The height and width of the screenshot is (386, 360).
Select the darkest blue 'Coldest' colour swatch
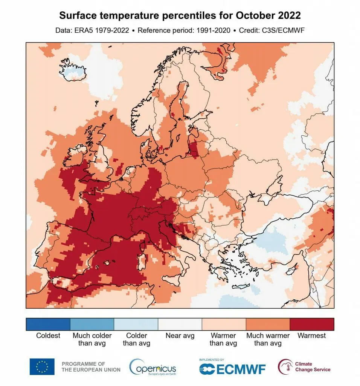(48, 324)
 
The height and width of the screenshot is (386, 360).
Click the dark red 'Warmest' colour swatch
(312, 324)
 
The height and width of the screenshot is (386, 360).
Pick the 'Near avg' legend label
(180, 335)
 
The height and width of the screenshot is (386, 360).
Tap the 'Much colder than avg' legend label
(92, 339)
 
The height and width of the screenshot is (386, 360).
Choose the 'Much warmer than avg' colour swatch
(268, 324)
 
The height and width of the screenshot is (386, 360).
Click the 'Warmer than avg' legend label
(223, 339)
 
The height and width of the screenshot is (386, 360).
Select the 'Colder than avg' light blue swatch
(136, 324)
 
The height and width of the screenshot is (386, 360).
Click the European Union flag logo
(42, 367)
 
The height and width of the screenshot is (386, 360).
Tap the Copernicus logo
(153, 367)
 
